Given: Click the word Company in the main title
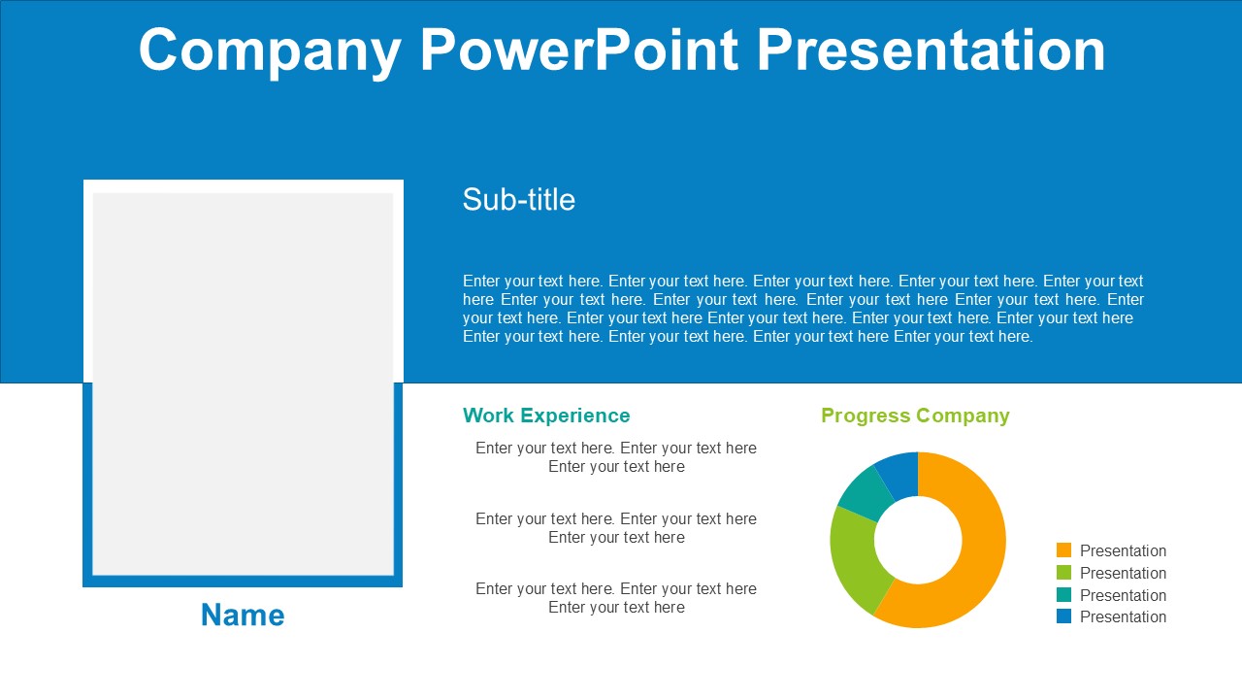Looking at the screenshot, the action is pos(270,52).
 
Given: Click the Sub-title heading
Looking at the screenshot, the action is pos(518,199).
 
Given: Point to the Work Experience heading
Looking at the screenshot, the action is pos(546,416).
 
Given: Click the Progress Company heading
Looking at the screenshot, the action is pos(915,416).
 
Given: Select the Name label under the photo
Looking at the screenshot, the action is pos(243,615).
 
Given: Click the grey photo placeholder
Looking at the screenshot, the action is pos(243,383).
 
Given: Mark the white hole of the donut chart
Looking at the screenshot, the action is pos(918,540).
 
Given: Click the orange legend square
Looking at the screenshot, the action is pos(1063,549).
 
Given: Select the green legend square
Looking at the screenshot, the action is pos(1063,572).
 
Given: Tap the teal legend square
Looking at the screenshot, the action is pos(1063,594).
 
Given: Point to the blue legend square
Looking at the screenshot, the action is pos(1063,616).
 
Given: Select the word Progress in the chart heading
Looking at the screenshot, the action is pos(866,416).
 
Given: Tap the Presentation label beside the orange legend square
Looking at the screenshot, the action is pos(1123,550).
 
